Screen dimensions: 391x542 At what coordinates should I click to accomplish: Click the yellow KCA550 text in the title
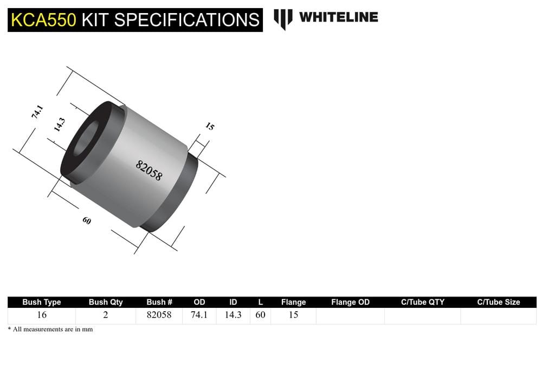pos(44,20)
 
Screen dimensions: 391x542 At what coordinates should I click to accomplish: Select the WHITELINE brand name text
pos(338,17)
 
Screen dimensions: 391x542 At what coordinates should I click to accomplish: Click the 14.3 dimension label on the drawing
pos(60,125)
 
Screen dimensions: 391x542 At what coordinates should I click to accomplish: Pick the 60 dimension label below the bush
pos(87,221)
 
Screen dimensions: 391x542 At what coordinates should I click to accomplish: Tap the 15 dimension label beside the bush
pos(210,127)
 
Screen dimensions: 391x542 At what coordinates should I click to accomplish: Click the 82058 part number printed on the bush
pos(149,170)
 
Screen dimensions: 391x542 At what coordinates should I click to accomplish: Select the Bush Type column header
pos(41,302)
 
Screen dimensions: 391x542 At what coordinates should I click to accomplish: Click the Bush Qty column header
pos(106,302)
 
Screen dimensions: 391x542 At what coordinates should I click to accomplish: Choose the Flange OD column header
pos(350,302)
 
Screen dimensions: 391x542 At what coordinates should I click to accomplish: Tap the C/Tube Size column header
pos(498,302)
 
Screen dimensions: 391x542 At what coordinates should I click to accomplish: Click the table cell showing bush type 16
pos(41,315)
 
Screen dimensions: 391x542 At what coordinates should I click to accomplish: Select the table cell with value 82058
pos(159,315)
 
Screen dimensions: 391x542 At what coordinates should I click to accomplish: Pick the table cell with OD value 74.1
pos(199,315)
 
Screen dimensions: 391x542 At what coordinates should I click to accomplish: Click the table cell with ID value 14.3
pos(233,315)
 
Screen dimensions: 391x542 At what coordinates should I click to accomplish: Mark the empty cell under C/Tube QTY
pos(422,315)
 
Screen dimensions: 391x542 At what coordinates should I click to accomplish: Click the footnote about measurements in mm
pos(50,330)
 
